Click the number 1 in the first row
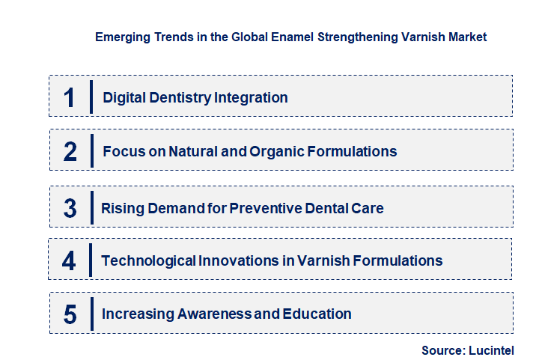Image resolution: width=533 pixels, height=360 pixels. pos(70,97)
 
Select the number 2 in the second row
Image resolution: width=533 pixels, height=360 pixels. pos(70,152)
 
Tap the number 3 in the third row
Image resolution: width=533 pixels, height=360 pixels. pos(70,208)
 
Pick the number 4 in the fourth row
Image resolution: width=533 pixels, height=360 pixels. pos(70,261)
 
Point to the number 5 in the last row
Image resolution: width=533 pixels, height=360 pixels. pos(70,314)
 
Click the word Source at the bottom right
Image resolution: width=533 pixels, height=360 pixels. pos(442,350)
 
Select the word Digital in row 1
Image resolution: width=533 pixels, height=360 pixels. pos(124,97)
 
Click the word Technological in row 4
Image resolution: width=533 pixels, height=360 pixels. pos(148,260)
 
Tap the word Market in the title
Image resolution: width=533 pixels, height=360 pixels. pos(468,37)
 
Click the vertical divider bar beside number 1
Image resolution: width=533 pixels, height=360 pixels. pos(91,97)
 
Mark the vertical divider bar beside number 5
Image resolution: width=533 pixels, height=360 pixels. pos(91,314)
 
